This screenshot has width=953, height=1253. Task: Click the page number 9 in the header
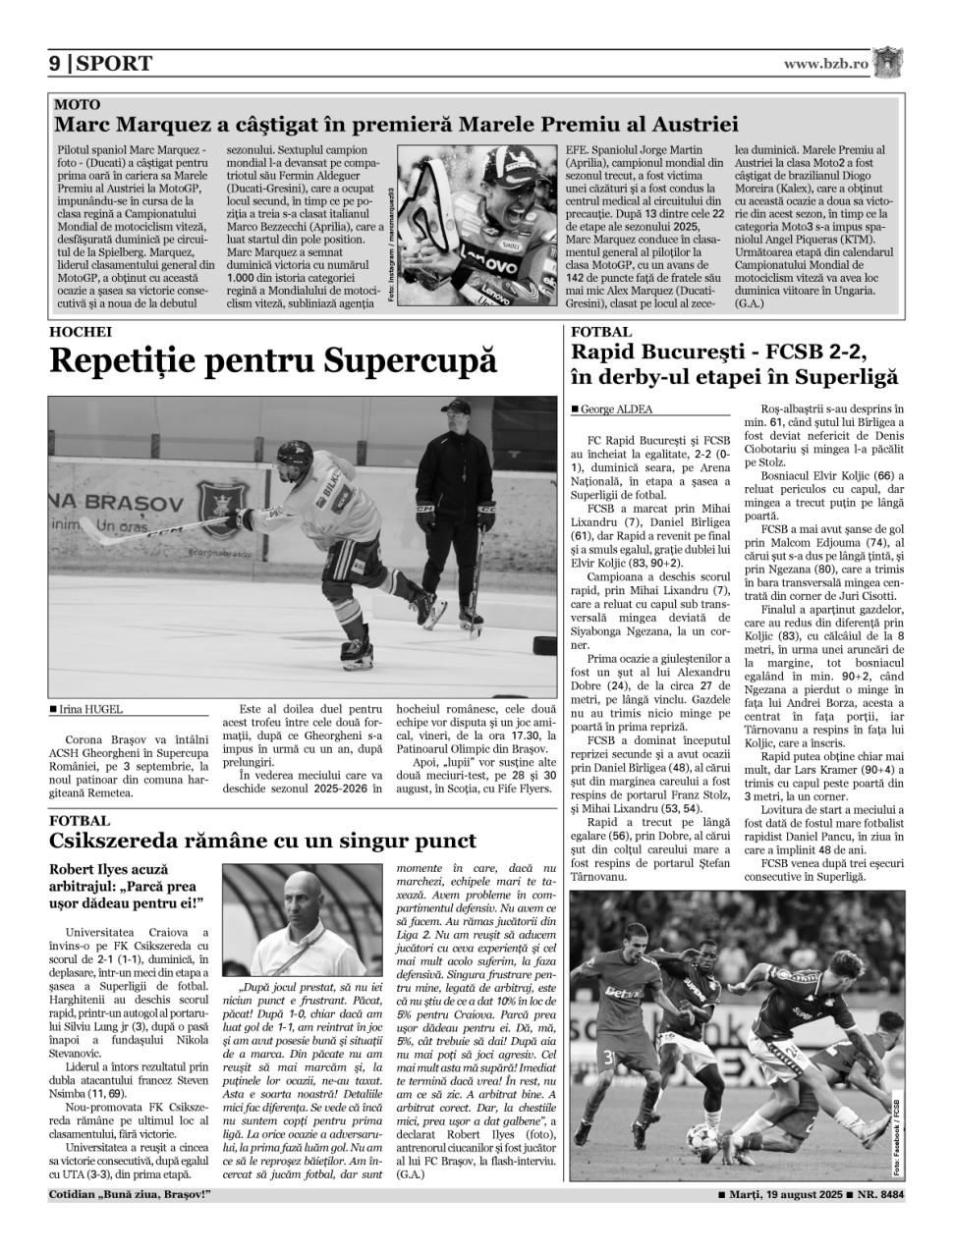coord(55,64)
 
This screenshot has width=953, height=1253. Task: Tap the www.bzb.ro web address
coord(825,64)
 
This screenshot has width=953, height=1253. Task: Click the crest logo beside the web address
coord(888,62)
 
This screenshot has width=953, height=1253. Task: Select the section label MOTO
coord(77,104)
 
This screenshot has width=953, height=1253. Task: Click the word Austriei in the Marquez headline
coord(689,125)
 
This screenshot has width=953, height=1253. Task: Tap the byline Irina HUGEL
coord(90,709)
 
